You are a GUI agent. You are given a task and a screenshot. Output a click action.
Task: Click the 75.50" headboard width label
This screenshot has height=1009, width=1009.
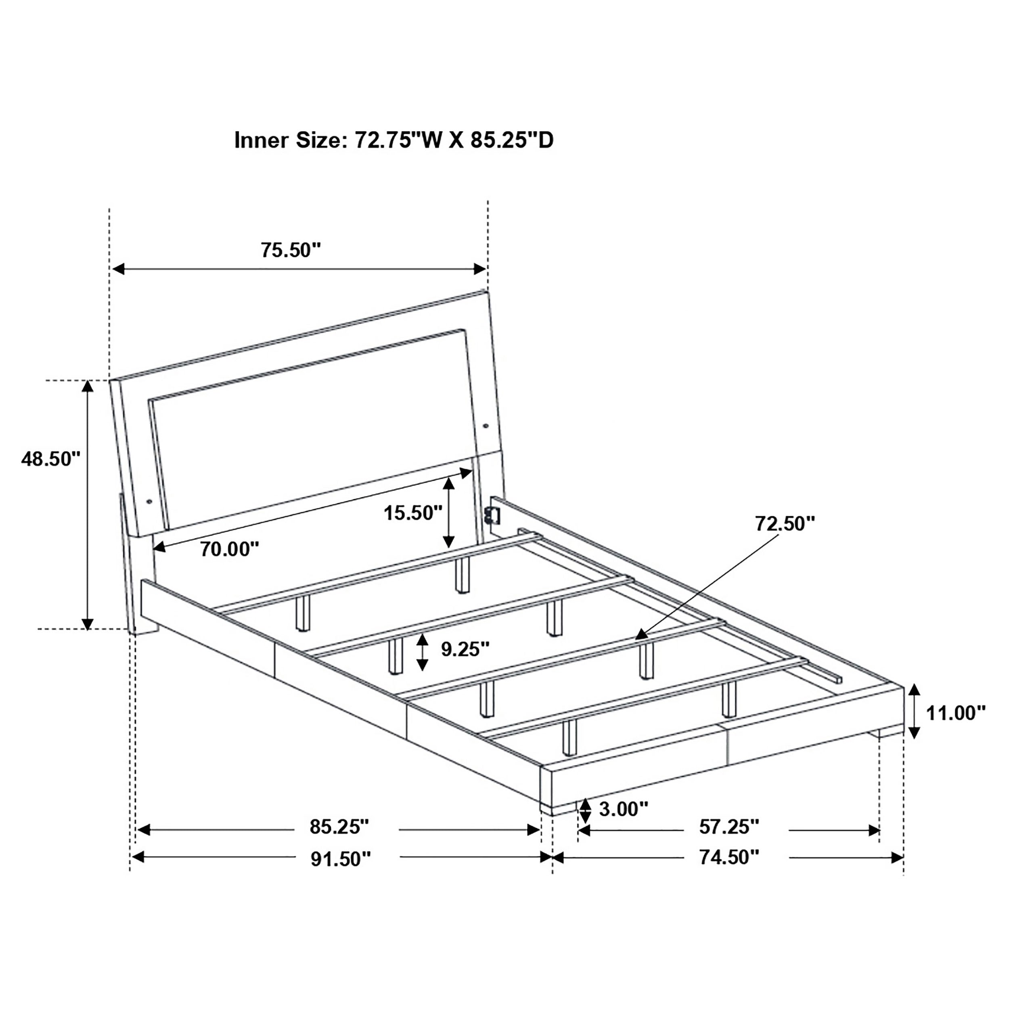(290, 250)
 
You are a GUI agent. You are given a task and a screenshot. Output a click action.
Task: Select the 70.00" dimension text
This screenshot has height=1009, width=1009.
(230, 549)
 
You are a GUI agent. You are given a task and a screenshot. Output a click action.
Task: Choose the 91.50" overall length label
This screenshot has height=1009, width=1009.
(341, 858)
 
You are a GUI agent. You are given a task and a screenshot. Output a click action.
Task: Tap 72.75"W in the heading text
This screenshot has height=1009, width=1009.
(398, 140)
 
